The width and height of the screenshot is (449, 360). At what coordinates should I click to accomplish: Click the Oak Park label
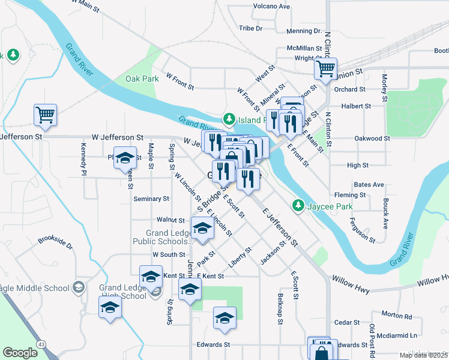142,79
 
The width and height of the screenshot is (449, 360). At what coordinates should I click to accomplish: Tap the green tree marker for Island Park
228,119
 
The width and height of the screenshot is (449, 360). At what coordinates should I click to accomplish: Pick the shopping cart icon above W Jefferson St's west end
46,115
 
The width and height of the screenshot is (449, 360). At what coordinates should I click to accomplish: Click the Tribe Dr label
251,28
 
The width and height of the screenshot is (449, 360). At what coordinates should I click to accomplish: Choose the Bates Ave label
369,184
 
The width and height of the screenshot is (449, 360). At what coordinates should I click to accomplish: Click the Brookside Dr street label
55,246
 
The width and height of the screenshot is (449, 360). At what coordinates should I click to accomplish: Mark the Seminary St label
151,199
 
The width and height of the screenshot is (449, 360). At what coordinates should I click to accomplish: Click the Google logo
20,353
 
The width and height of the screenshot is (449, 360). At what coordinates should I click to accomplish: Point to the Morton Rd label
397,315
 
